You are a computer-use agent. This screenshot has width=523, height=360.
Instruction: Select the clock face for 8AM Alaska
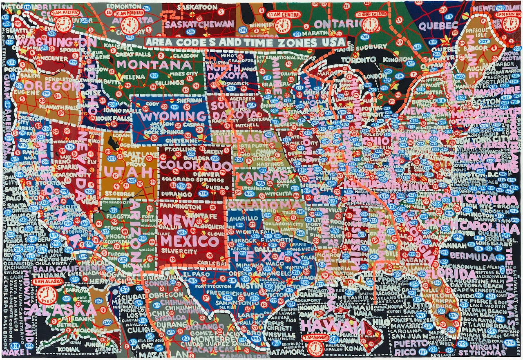[x=45, y=295]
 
